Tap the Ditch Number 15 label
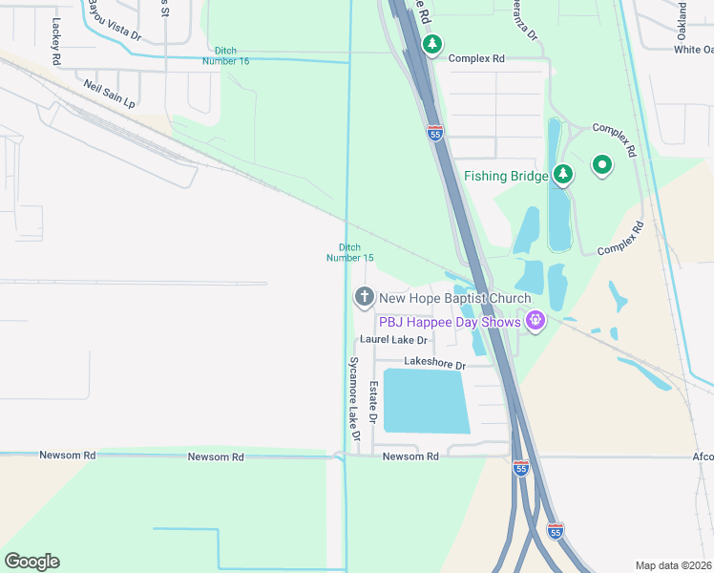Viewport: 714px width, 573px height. point(349,252)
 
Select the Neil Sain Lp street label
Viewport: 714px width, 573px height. point(109,93)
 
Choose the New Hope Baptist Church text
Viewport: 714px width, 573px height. point(454,298)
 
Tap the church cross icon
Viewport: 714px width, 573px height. point(364,298)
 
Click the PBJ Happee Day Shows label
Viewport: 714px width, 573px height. point(444,322)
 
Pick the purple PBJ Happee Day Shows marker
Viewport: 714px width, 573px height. point(535,321)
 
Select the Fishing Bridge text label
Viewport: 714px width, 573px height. point(506,176)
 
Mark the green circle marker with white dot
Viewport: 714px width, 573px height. point(602,166)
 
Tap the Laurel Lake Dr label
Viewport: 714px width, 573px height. point(394,340)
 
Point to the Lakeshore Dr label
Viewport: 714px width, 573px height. point(434,364)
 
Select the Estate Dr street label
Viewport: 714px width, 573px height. point(374,403)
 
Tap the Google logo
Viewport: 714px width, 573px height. point(31,562)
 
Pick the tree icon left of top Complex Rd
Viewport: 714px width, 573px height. point(432,45)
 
